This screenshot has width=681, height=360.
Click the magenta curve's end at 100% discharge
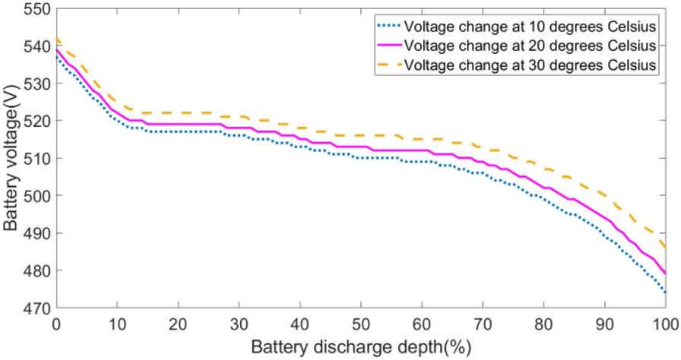pyautogui.click(x=667, y=273)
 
